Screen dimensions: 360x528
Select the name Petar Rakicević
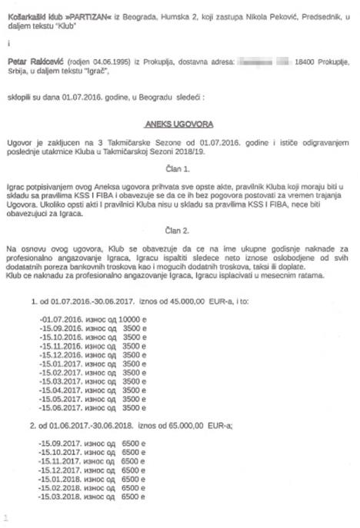(33, 59)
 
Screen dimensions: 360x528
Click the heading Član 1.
(179, 167)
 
